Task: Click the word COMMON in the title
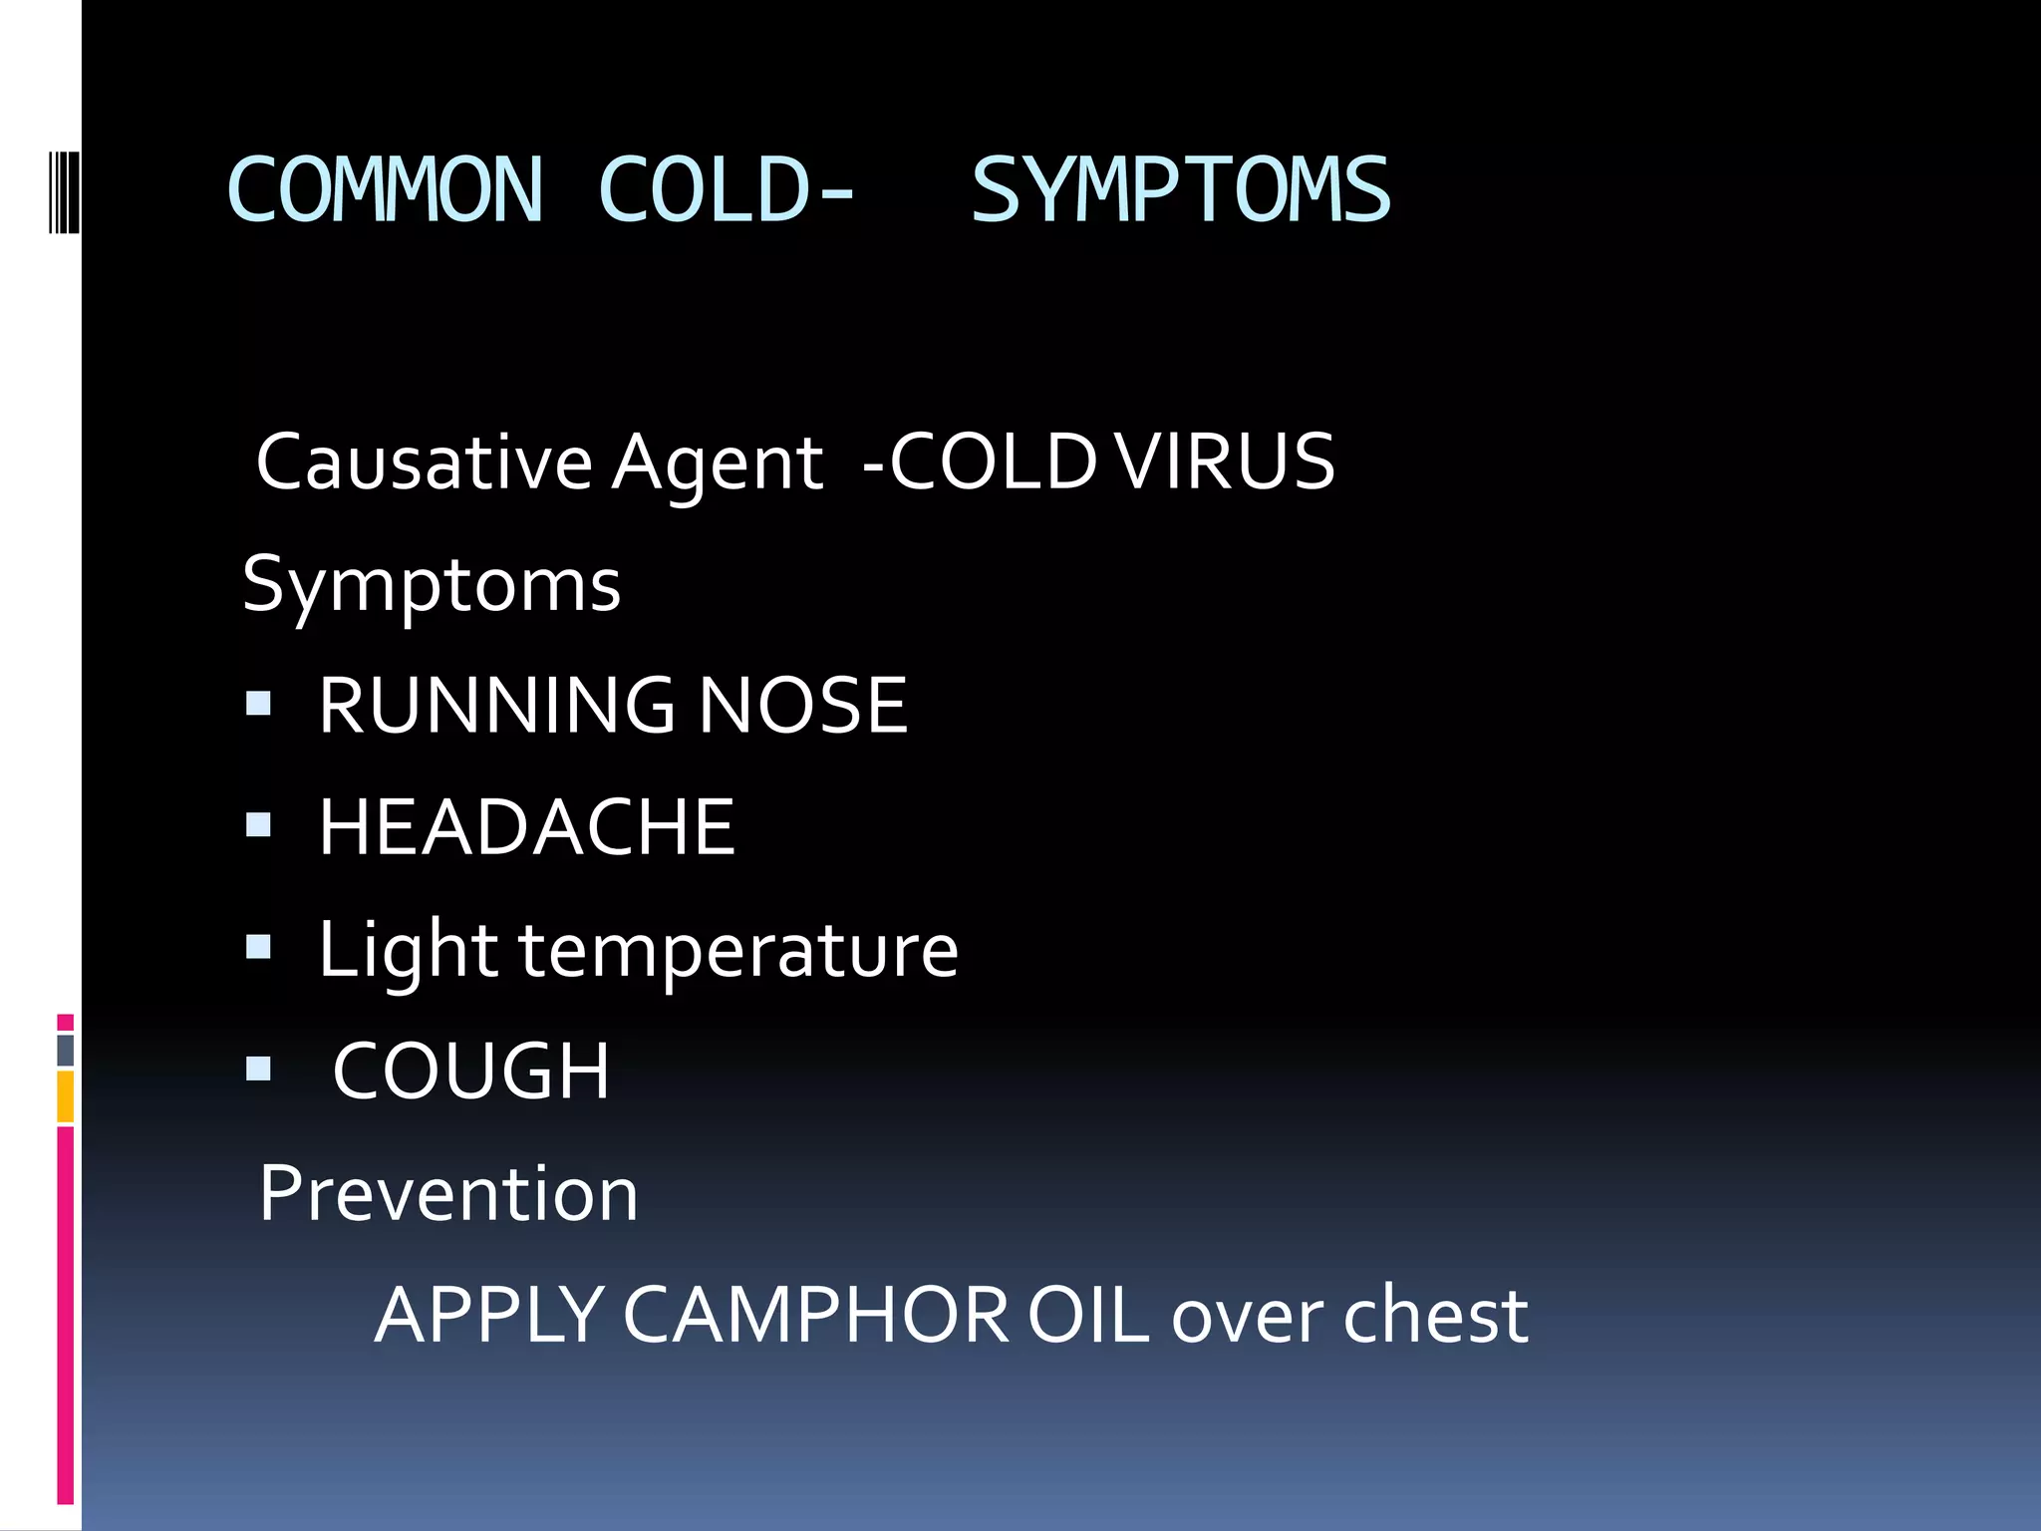(385, 189)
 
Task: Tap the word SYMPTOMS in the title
(1180, 189)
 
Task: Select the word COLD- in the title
(726, 189)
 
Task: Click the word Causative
(424, 462)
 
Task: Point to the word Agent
(717, 464)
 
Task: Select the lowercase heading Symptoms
(431, 586)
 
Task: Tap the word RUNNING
(496, 706)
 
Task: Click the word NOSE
(802, 706)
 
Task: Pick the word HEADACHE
(526, 827)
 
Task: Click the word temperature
(738, 951)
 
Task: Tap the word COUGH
(470, 1072)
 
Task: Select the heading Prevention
(447, 1193)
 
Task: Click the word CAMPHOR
(816, 1316)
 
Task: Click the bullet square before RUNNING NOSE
(258, 704)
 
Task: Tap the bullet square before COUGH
(258, 1070)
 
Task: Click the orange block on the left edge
(65, 1096)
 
